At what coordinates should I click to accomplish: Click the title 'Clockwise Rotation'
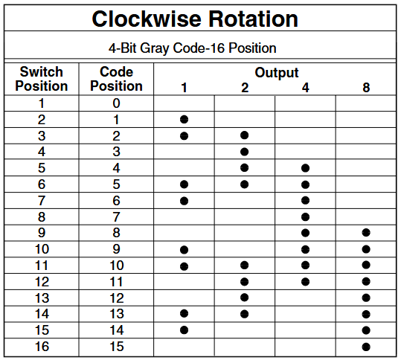click(x=195, y=19)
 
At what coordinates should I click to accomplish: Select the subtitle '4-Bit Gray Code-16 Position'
click(x=192, y=48)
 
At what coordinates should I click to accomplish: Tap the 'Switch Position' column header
click(x=42, y=79)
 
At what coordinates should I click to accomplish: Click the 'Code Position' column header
click(x=116, y=79)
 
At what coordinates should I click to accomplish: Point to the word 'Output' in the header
click(x=277, y=73)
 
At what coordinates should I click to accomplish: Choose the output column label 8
click(x=366, y=88)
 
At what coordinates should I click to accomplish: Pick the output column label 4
click(x=305, y=88)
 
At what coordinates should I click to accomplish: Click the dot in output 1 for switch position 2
click(x=185, y=120)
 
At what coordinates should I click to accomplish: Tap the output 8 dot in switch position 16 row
click(x=366, y=347)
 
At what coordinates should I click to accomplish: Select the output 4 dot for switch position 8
click(x=305, y=217)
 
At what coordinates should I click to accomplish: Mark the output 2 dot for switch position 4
click(x=245, y=152)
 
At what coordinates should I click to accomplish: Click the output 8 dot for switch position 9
click(x=366, y=233)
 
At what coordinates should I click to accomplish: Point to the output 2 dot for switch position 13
click(x=245, y=298)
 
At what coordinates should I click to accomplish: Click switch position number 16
click(x=42, y=347)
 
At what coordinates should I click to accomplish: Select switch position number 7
click(x=42, y=201)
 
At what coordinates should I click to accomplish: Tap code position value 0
click(x=116, y=103)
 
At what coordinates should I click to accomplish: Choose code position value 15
click(x=117, y=347)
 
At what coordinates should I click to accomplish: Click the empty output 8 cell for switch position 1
click(x=366, y=103)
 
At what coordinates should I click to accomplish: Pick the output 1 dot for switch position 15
click(x=185, y=330)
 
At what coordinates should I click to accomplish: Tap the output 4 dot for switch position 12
click(x=305, y=282)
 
